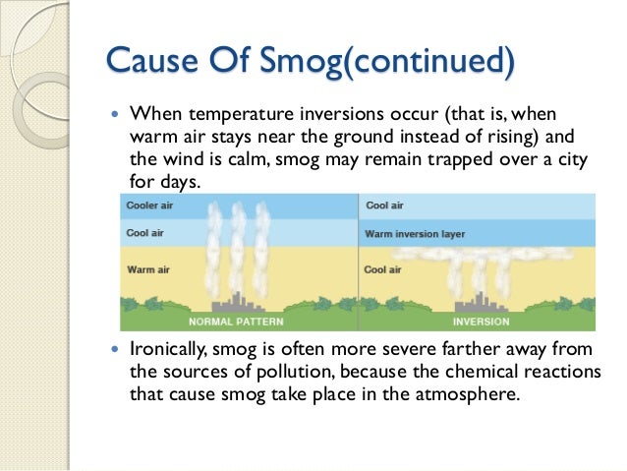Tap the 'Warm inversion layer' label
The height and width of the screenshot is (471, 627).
(415, 235)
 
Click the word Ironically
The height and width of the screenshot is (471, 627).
(168, 352)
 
